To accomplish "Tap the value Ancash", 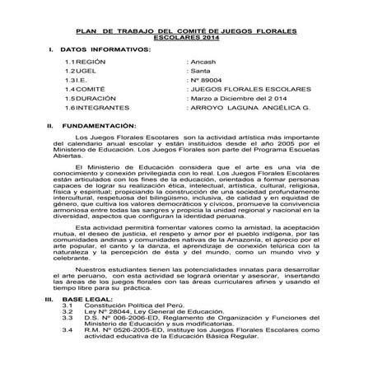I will coord(202,62).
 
